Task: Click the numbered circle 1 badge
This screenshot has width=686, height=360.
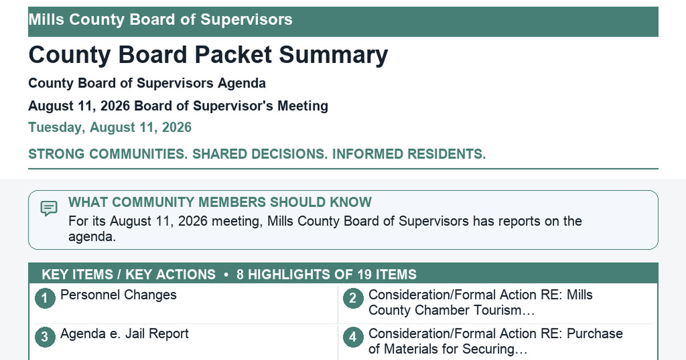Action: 45,298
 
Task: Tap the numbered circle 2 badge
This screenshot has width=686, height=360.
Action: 353,298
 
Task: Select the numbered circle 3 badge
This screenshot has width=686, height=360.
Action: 45,337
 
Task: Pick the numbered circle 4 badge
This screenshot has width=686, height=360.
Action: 353,337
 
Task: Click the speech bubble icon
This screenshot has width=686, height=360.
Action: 49,209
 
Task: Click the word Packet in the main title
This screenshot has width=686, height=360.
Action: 233,55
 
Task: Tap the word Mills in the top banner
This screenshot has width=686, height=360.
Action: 46,19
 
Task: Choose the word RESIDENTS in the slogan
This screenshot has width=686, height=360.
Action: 446,154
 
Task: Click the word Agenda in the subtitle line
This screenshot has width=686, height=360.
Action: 242,83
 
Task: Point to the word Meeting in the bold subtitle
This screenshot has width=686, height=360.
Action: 302,106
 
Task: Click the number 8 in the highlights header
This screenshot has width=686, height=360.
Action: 240,275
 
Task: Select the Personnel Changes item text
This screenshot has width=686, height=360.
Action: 118,295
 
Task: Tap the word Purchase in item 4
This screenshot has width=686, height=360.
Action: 595,334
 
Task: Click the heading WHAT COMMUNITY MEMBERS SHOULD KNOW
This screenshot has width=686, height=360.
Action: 220,202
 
